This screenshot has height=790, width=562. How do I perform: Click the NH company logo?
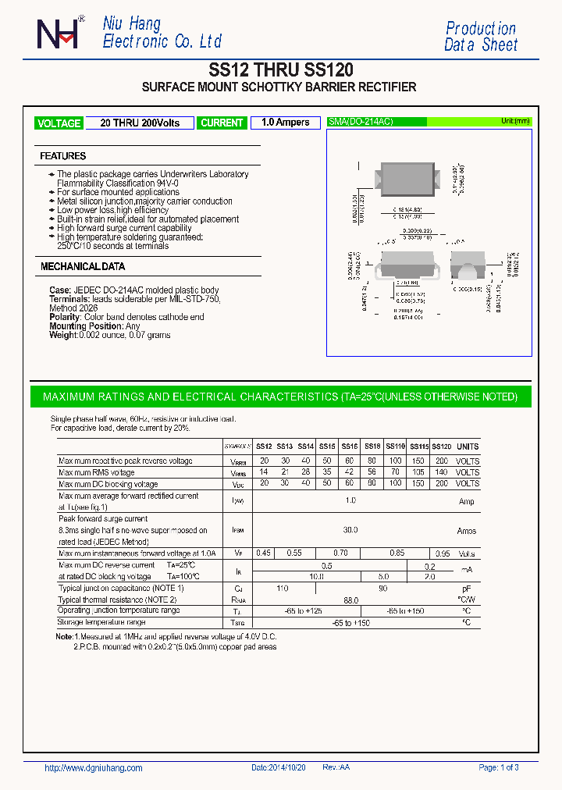pos(58,34)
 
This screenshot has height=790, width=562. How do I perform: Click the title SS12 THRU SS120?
pos(280,69)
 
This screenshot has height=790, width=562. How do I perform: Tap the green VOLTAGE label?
pos(59,123)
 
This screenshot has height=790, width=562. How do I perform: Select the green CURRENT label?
pos(222,123)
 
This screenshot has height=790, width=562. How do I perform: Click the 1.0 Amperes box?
pos(285,123)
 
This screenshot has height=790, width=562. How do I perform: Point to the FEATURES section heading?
pos(63,156)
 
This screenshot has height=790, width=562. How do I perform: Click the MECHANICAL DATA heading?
pos(83,267)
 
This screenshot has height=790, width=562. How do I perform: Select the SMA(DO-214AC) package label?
pos(361,122)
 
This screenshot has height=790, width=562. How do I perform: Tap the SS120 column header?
pos(442,447)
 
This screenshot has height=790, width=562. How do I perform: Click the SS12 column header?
pos(264,447)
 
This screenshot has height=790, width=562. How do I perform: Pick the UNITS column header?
pos(468,447)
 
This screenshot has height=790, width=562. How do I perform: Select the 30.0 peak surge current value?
pos(350,530)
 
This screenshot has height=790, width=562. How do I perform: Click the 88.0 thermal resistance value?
pos(350,600)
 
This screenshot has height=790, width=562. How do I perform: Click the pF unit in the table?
pos(467,588)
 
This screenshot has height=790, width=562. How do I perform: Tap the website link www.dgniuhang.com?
pos(94,768)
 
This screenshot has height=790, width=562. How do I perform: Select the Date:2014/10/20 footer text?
pos(279,768)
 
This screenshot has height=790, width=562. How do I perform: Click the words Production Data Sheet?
pos(481,37)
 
